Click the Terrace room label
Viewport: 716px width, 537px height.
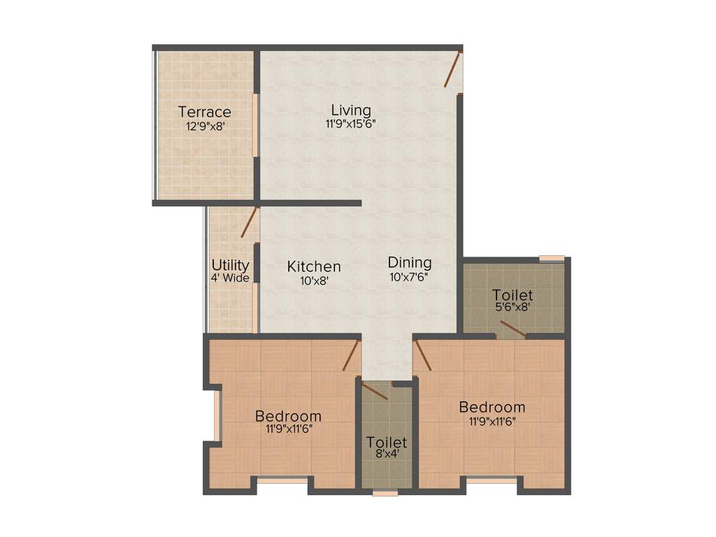[204, 112]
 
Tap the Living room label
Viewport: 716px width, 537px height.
[351, 110]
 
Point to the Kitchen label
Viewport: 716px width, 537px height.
[314, 266]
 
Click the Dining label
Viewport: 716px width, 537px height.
[410, 263]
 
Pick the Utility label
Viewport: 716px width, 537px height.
[231, 265]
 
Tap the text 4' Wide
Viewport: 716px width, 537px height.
[231, 278]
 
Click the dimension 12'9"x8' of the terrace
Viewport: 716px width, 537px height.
[204, 127]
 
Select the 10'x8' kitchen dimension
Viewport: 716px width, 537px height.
[313, 280]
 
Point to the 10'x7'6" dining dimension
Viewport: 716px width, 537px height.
[410, 276]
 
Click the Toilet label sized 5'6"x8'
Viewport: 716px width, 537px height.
[513, 294]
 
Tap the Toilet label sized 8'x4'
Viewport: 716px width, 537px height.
[387, 443]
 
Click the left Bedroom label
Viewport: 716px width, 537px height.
[288, 416]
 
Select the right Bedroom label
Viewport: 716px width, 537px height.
[492, 407]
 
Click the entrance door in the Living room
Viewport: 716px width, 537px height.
[453, 69]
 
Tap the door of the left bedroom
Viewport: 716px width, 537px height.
[351, 356]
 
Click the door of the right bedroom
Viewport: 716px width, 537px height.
[423, 355]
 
